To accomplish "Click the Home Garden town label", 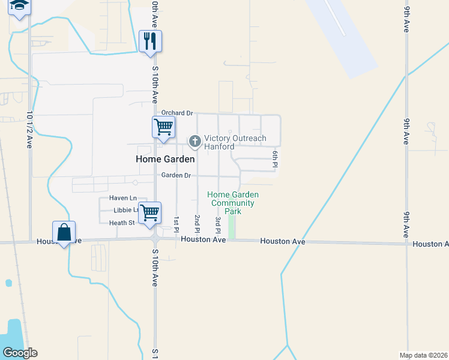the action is (165, 159).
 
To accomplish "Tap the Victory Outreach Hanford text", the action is (235, 142).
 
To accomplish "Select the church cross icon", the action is (194, 142).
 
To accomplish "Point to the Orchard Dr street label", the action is (177, 113).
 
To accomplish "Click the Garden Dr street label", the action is (176, 175).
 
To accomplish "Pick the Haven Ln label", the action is (123, 198).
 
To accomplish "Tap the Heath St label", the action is (122, 223).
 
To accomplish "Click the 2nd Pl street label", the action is (197, 223).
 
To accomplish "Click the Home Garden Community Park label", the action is (233, 203).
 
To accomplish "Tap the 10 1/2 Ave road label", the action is (29, 130).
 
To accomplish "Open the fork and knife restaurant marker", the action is (149, 41).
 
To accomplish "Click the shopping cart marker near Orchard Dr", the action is (163, 127).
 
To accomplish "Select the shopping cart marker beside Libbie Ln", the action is (149, 212).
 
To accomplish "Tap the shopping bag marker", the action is (64, 232).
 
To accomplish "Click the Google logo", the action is (20, 353).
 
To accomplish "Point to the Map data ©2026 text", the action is (423, 355).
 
